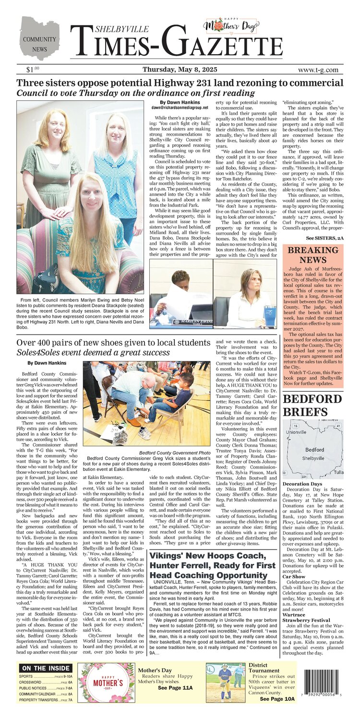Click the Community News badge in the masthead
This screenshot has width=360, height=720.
tap(40, 38)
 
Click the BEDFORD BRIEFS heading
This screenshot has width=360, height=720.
tap(312, 406)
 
